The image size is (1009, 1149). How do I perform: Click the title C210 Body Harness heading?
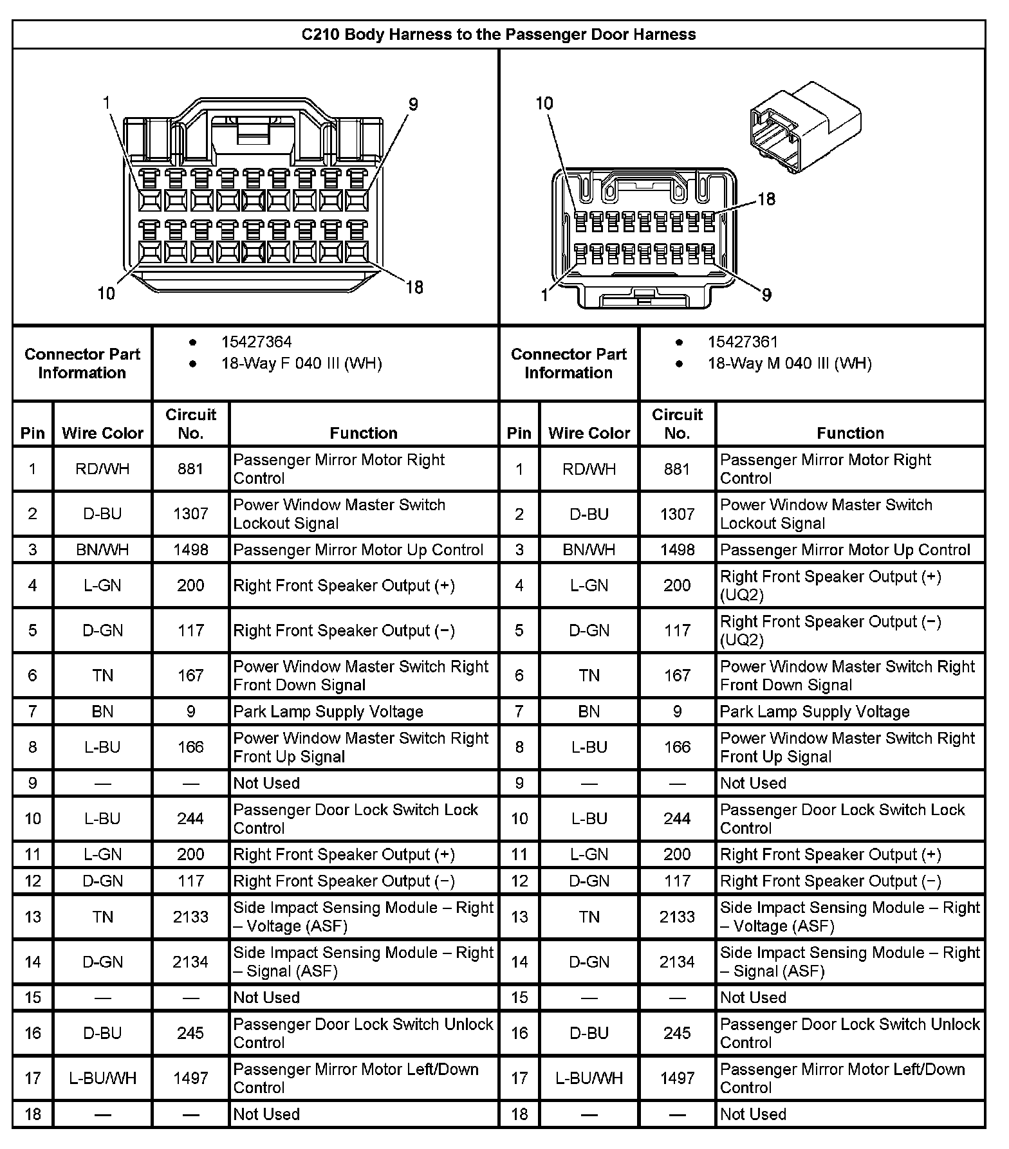point(499,34)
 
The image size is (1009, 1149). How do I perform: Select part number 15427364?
point(256,342)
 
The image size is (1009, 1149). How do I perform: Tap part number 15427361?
point(743,342)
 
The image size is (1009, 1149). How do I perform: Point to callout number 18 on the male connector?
point(766,199)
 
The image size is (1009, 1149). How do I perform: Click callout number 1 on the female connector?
point(107,103)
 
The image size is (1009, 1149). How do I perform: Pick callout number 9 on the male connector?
point(766,295)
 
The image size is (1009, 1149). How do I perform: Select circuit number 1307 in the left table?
point(190,513)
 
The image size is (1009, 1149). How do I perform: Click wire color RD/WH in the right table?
point(589,469)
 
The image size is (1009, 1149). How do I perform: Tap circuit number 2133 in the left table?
point(190,917)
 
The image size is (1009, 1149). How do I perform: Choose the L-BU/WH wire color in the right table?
point(589,1078)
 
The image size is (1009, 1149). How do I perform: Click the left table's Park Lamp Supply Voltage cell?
point(328,712)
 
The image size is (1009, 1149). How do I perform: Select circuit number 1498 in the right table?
point(677,550)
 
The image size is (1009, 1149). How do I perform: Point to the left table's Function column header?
point(364,433)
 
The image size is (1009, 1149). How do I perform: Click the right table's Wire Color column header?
point(589,433)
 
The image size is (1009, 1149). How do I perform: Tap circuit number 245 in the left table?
point(190,1033)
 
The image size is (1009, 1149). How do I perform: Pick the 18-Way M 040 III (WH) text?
point(790,363)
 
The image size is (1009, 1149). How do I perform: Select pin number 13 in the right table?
point(519,917)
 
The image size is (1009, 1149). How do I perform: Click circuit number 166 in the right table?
point(677,747)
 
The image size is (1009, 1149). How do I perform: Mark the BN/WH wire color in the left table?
point(102,550)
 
